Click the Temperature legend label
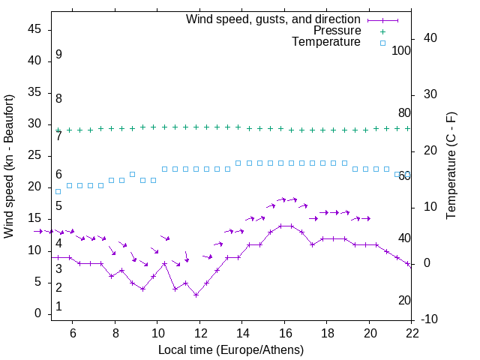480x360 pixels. point(326,43)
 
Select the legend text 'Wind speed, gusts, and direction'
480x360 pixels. point(274,19)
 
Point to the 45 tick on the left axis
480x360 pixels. point(35,28)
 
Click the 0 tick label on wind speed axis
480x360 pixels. point(38,313)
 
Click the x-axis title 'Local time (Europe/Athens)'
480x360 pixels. point(231,349)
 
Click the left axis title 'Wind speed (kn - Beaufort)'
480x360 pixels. point(10,166)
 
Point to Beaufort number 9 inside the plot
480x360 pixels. point(58,55)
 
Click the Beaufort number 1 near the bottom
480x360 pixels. point(58,307)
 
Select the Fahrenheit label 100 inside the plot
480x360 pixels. point(401,51)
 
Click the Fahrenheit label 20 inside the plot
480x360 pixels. point(404,300)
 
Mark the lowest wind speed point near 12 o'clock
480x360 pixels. point(196,295)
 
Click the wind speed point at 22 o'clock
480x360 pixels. point(407,264)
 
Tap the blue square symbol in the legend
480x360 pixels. point(382,43)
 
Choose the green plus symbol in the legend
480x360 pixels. point(382,31)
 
